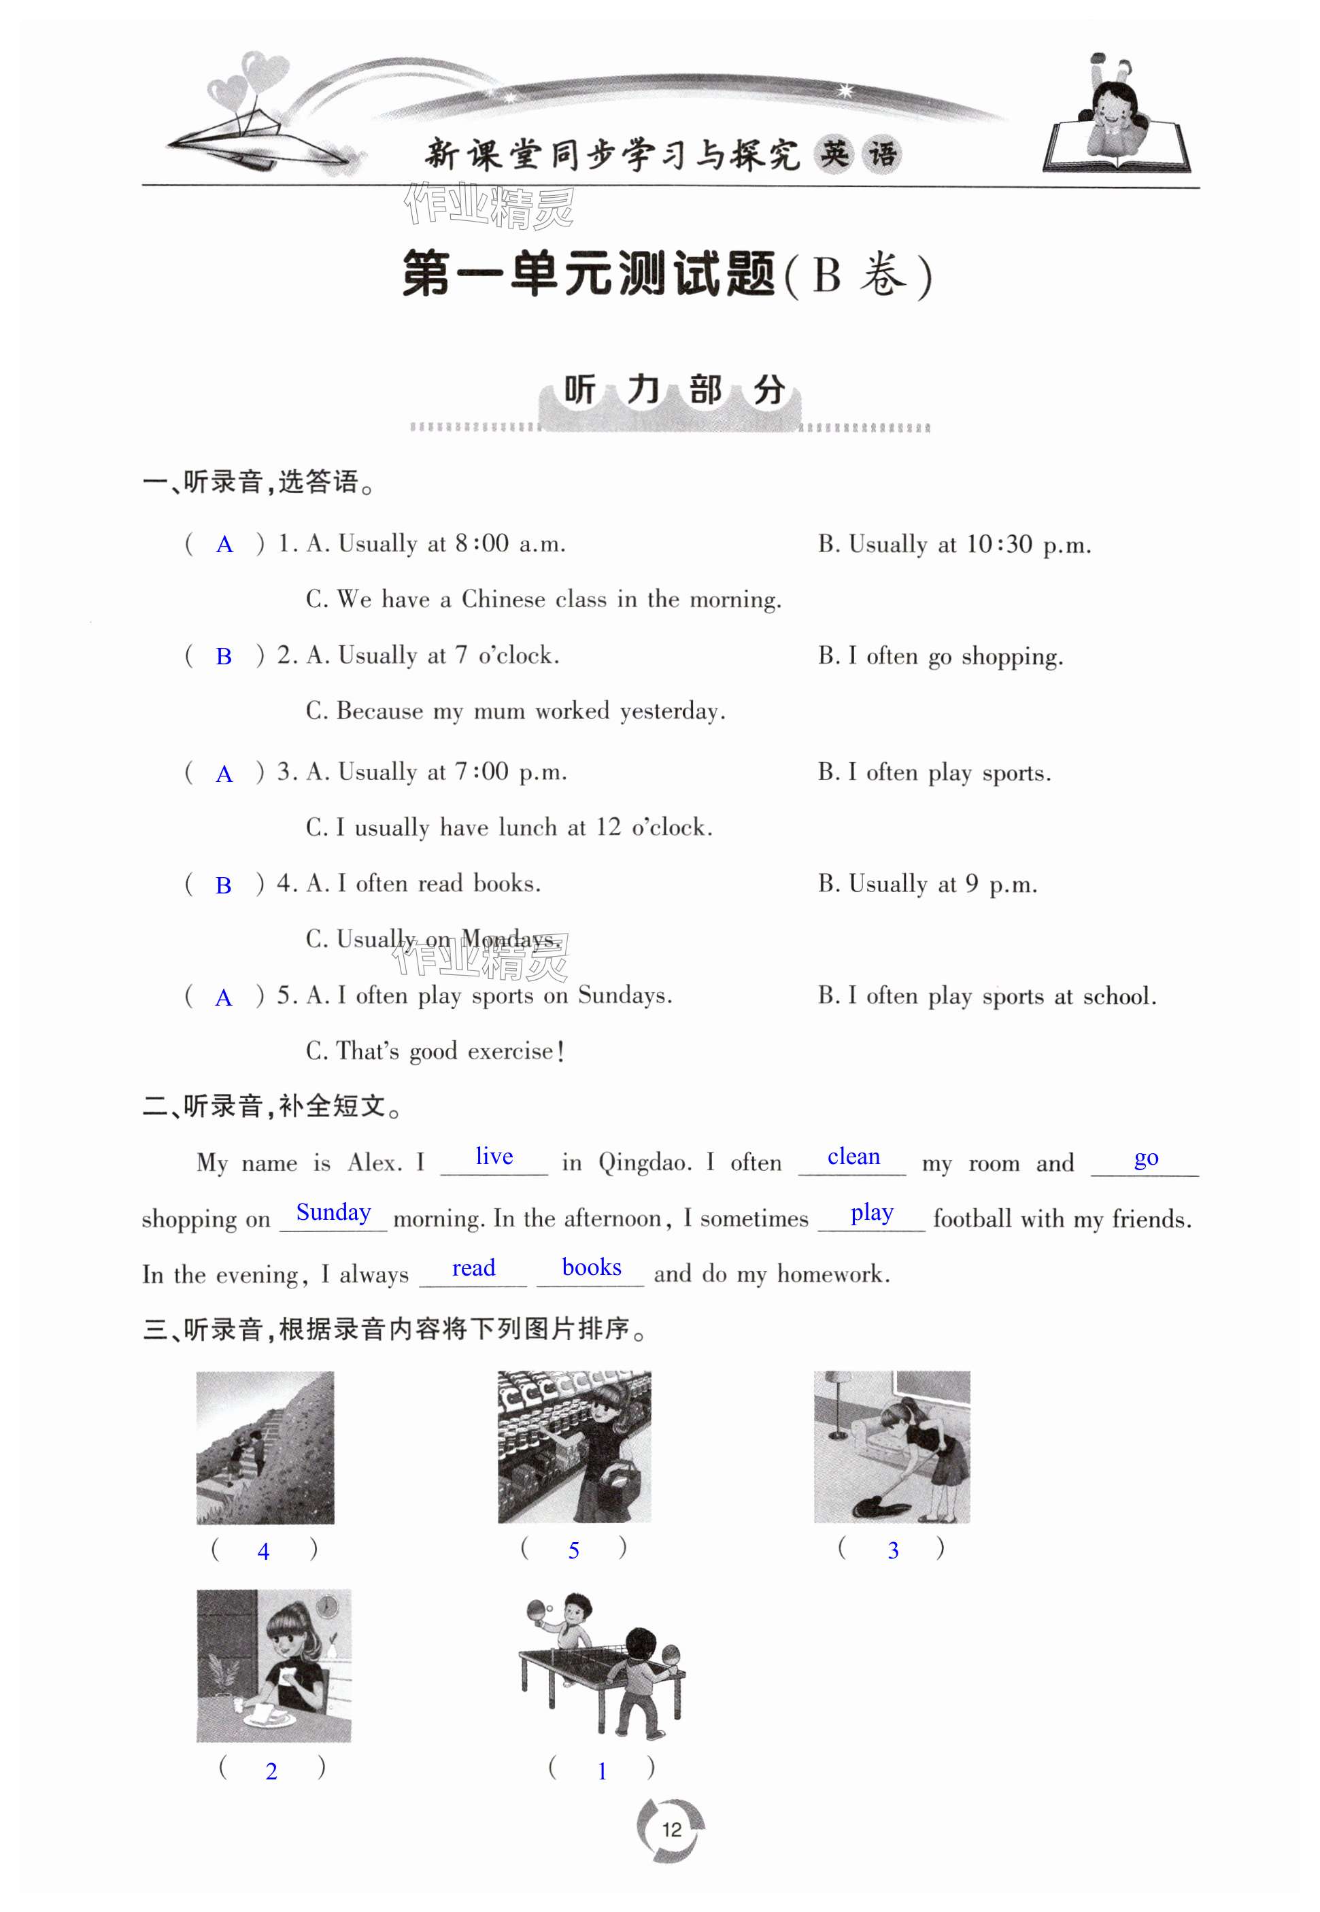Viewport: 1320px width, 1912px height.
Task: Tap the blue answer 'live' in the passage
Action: (x=494, y=1156)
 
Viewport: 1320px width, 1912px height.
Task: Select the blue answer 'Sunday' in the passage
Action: (x=333, y=1212)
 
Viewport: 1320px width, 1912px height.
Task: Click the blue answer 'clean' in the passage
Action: (x=853, y=1156)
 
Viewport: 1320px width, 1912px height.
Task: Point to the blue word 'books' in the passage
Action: (x=592, y=1267)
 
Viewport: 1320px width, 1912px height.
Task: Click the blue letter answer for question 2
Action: (x=223, y=657)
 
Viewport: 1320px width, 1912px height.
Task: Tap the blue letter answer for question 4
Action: (x=223, y=886)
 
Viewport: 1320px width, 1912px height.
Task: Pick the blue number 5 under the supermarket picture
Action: (x=573, y=1550)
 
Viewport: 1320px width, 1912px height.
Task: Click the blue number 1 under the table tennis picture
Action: (x=602, y=1771)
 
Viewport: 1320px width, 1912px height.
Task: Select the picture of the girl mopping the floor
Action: (x=892, y=1446)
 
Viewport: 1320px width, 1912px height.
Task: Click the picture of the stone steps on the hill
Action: (x=265, y=1447)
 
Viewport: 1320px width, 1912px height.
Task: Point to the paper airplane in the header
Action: (x=265, y=141)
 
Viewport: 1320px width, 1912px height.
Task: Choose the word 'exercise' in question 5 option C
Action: (x=509, y=1051)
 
